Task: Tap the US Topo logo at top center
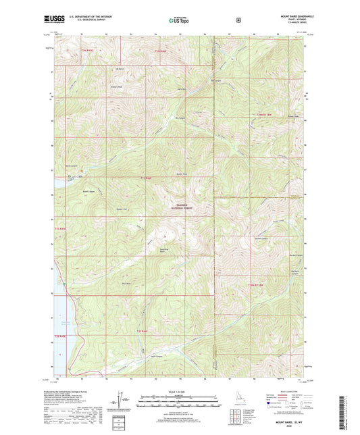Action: coord(179,20)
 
